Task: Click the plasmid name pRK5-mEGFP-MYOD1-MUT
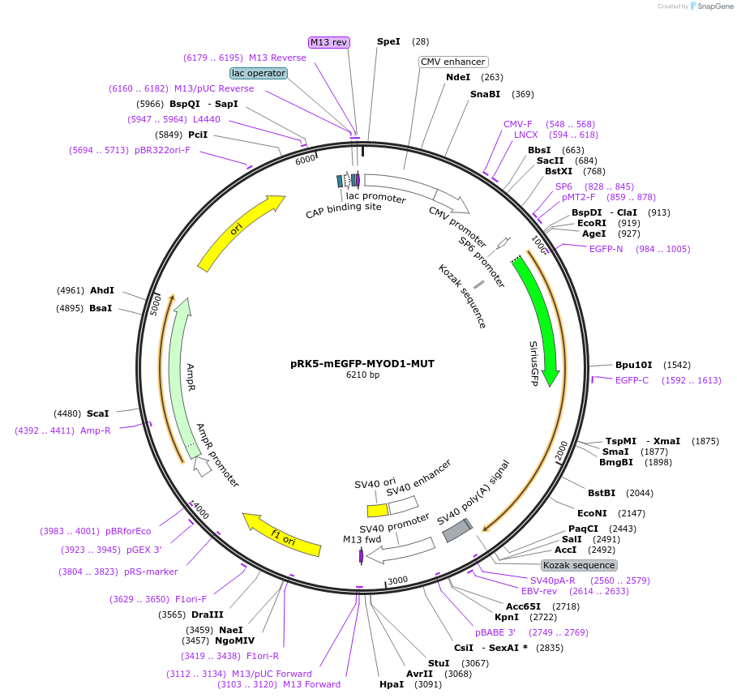[362, 364]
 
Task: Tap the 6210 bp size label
[362, 375]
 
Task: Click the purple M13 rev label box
[328, 42]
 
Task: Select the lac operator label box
[259, 73]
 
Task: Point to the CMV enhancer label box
[453, 62]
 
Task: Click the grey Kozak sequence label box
[579, 565]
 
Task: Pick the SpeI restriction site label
[388, 41]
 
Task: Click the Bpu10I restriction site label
[633, 366]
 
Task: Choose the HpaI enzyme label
[391, 685]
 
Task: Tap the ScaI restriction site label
[97, 413]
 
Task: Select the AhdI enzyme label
[102, 290]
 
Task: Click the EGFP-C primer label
[632, 380]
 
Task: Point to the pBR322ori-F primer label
[162, 150]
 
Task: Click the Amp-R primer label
[95, 430]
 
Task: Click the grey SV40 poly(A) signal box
[456, 530]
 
